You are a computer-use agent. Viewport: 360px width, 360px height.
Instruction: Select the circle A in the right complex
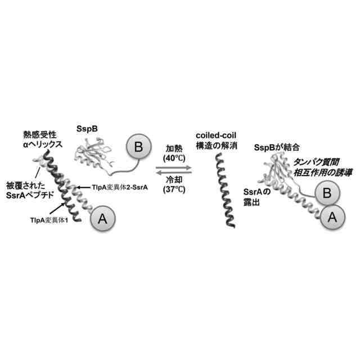(331, 215)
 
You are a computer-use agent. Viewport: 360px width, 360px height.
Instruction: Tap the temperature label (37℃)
(174, 190)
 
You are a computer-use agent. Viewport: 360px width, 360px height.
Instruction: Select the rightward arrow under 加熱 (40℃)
(174, 166)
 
